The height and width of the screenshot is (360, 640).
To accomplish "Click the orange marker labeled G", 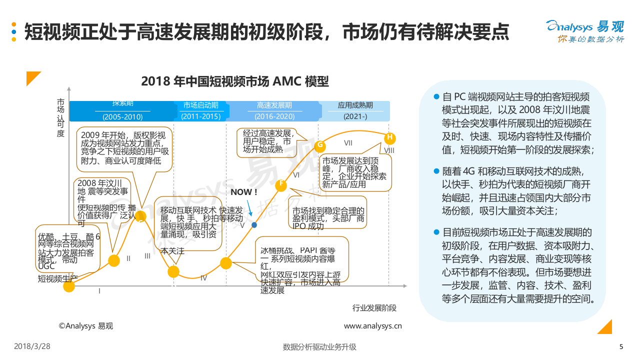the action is pyautogui.click(x=320, y=145).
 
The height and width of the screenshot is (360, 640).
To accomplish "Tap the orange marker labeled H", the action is pyautogui.click(x=390, y=137).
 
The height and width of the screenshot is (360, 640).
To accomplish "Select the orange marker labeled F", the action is pyautogui.click(x=281, y=184).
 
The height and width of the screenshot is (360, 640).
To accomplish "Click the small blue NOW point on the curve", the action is pyautogui.click(x=254, y=225).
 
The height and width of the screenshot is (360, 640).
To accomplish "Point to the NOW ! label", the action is pyautogui.click(x=244, y=192).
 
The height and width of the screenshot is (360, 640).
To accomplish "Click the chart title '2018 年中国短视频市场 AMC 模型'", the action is pyautogui.click(x=235, y=81).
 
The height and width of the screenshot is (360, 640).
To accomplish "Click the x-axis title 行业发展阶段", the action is pyautogui.click(x=374, y=308).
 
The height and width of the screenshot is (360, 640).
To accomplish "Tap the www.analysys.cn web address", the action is pyautogui.click(x=372, y=326).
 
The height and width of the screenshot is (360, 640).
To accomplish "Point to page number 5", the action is pyautogui.click(x=621, y=346).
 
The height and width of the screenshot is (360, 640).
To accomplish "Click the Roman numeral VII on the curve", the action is pyautogui.click(x=348, y=143).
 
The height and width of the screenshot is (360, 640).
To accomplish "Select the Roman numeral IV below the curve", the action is pyautogui.click(x=203, y=278).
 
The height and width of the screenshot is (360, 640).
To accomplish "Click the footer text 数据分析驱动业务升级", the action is pyautogui.click(x=319, y=346).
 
